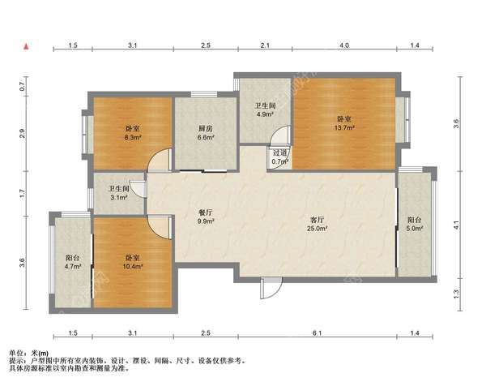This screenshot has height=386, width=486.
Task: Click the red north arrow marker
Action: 27,46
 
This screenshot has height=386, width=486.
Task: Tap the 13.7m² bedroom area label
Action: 344,123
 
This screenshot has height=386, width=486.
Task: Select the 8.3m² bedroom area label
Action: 132,133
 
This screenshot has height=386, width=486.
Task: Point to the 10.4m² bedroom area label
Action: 132,262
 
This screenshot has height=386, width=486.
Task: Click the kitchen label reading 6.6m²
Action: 206,133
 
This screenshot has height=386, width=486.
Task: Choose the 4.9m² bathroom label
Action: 265,109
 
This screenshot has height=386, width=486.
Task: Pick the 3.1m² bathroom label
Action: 119,193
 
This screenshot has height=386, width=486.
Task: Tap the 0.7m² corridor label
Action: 280,157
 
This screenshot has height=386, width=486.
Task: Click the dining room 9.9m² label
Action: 206,217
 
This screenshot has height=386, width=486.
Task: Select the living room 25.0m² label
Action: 317,224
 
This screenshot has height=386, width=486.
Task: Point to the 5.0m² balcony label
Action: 415,224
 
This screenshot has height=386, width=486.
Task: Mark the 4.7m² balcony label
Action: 73,262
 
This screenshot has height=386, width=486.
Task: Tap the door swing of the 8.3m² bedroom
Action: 160,160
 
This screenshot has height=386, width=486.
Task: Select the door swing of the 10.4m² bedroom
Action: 160,227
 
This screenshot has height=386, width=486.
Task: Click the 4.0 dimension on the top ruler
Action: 344,45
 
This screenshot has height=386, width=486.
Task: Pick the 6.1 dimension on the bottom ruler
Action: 317,333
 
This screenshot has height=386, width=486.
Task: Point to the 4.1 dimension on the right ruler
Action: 456,225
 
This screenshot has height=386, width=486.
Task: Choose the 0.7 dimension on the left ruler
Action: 22,86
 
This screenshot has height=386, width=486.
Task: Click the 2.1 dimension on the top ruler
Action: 265,45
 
